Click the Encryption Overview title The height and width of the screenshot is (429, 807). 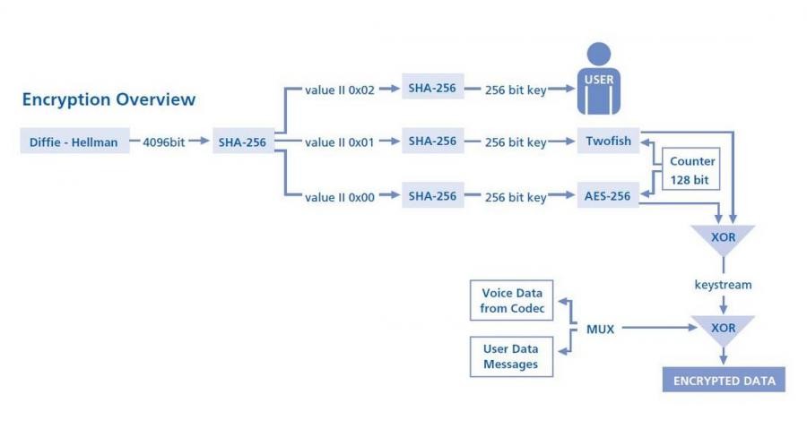pyautogui.click(x=108, y=99)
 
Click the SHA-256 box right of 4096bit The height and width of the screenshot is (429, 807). pyautogui.click(x=242, y=142)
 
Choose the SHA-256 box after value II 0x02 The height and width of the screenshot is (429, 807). pyautogui.click(x=433, y=89)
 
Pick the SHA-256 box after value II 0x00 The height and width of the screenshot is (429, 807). pyautogui.click(x=433, y=197)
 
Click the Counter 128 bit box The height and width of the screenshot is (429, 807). pyautogui.click(x=692, y=169)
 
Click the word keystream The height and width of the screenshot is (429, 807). pyautogui.click(x=723, y=285)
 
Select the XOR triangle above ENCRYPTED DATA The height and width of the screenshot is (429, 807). pyautogui.click(x=723, y=328)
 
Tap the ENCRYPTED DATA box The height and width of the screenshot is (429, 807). pyautogui.click(x=723, y=379)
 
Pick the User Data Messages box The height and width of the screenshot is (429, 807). pyautogui.click(x=511, y=356)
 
